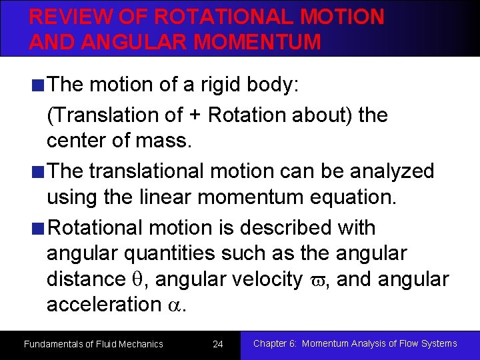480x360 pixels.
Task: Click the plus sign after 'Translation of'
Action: [195, 115]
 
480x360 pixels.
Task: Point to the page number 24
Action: [217, 344]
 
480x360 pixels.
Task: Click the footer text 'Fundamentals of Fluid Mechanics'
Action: [93, 344]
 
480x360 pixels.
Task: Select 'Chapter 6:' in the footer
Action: [275, 343]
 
